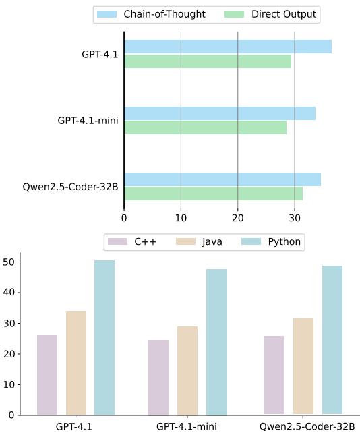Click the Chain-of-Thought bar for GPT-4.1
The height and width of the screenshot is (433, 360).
tap(227, 47)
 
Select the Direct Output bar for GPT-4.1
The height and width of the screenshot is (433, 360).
tap(208, 61)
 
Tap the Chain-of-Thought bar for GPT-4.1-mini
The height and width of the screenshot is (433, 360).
tap(219, 113)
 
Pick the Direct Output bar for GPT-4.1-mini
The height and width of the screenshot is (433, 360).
tap(205, 127)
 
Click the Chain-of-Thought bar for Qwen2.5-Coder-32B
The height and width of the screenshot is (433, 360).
tap(222, 179)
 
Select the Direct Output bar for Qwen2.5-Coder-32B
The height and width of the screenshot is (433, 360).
tap(213, 194)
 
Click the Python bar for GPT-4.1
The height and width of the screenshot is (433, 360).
tap(104, 337)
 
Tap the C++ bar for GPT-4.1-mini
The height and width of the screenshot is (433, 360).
tap(158, 377)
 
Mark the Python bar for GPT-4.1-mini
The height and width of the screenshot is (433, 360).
tap(216, 342)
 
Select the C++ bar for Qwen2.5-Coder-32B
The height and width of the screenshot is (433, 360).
tap(274, 375)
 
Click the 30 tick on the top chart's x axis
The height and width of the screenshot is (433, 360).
tap(294, 218)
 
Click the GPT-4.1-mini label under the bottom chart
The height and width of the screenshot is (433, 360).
tap(187, 426)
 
